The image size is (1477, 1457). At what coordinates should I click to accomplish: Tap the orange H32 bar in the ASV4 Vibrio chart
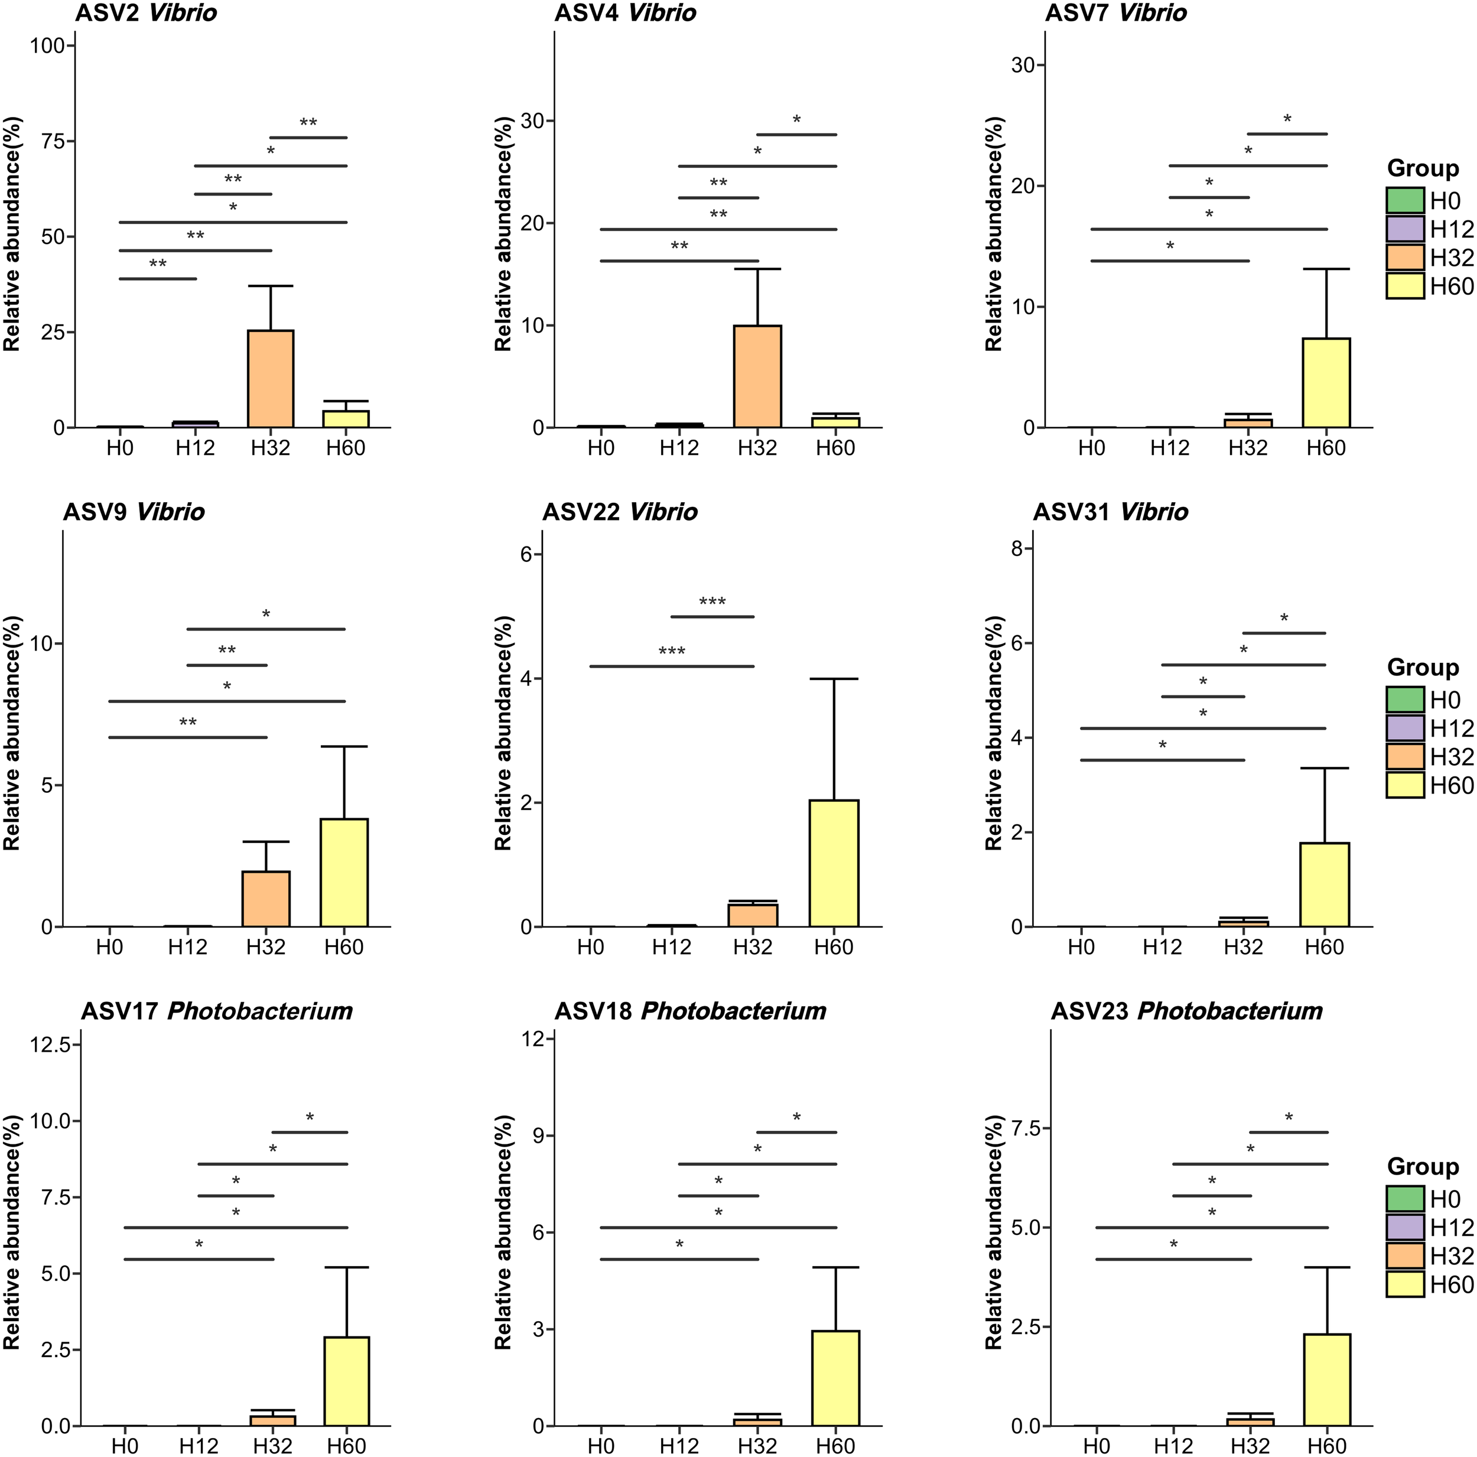(757, 376)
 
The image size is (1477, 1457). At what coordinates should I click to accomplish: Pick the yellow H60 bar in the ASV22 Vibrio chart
(834, 863)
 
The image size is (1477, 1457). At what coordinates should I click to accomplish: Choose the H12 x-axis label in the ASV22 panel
(671, 947)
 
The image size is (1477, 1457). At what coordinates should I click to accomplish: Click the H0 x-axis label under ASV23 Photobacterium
(1095, 1446)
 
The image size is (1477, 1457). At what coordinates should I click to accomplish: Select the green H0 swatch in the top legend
(1405, 201)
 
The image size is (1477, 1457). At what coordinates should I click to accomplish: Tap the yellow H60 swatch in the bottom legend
(1405, 1284)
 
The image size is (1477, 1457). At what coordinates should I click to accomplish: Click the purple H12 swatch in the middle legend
(1405, 728)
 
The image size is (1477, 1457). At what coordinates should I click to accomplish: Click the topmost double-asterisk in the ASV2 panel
(308, 123)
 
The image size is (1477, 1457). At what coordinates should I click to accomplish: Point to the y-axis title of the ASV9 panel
(11, 732)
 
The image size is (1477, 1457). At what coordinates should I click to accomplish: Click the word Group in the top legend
(1423, 168)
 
